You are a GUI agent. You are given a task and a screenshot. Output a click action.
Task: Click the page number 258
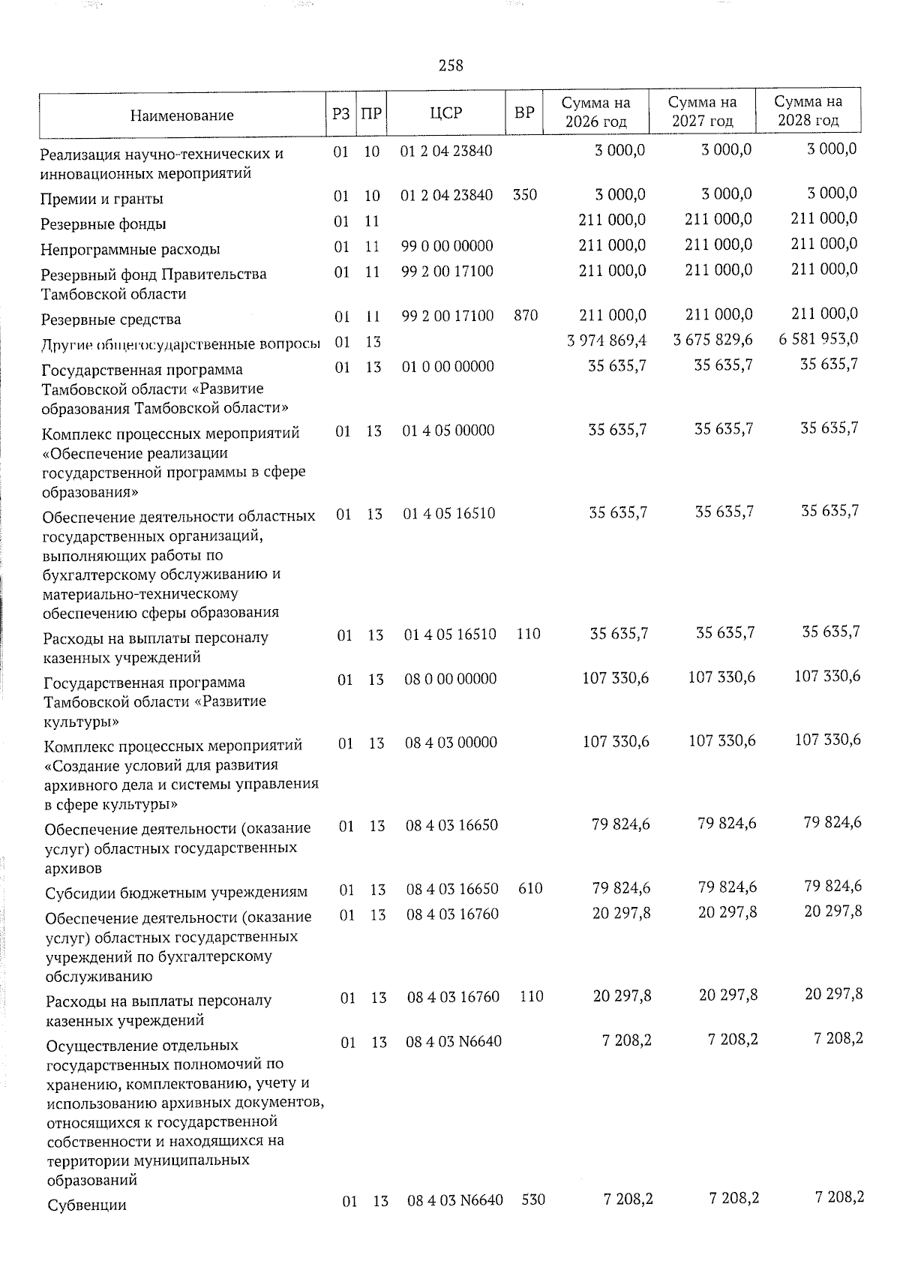pos(451,66)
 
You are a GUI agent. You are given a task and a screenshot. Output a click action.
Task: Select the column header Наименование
pos(181,116)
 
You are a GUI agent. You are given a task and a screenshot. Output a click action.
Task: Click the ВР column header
pos(524,113)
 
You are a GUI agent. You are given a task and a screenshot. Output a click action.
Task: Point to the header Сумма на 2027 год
pos(702,111)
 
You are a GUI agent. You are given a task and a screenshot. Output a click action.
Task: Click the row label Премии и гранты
pos(102,199)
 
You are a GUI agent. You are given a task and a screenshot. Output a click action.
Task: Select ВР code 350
pos(525,195)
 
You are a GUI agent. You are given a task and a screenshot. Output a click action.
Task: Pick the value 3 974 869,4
pos(608,341)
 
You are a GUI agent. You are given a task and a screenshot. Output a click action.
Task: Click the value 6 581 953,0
pos(818,339)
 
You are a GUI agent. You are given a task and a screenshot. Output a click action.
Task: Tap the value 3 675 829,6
pos(713,341)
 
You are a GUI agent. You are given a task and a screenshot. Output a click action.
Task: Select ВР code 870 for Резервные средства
pos(526,316)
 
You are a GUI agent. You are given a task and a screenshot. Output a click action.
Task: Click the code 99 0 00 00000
pos(448,246)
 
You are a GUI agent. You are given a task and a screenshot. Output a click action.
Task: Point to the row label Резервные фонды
pos(103,224)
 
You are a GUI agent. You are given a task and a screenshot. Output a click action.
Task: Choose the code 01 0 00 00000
pos(448,367)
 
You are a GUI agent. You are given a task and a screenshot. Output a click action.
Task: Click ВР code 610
pos(530,889)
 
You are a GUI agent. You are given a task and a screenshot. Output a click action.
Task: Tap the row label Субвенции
pos(86,1206)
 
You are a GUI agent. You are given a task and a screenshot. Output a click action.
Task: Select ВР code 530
pos(533,1200)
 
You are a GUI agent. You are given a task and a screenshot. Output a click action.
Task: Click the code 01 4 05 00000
pos(448,431)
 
